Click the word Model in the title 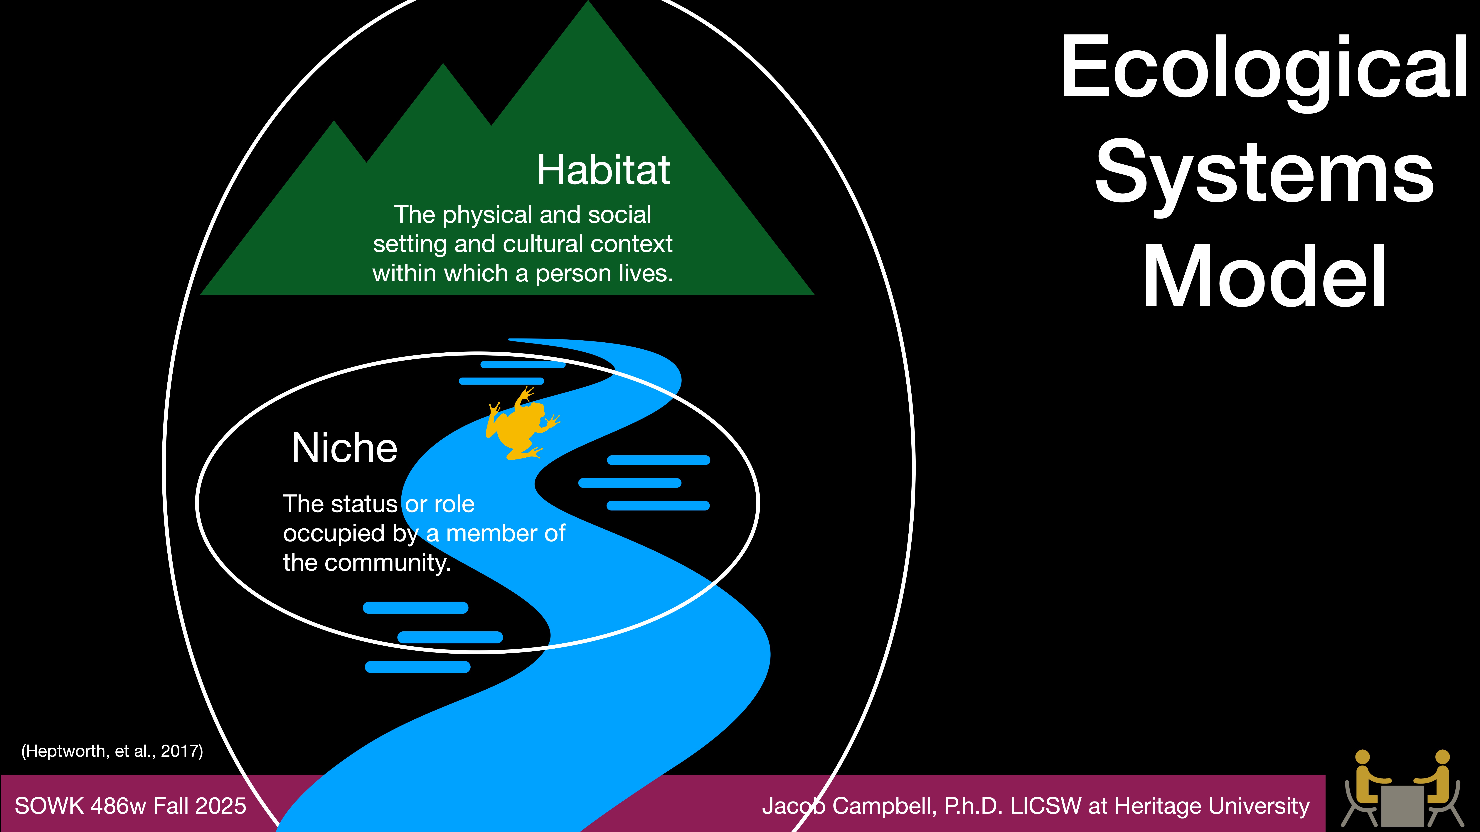pos(1264,277)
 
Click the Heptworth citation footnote pos(112,751)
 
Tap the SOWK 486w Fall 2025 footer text pos(130,806)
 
